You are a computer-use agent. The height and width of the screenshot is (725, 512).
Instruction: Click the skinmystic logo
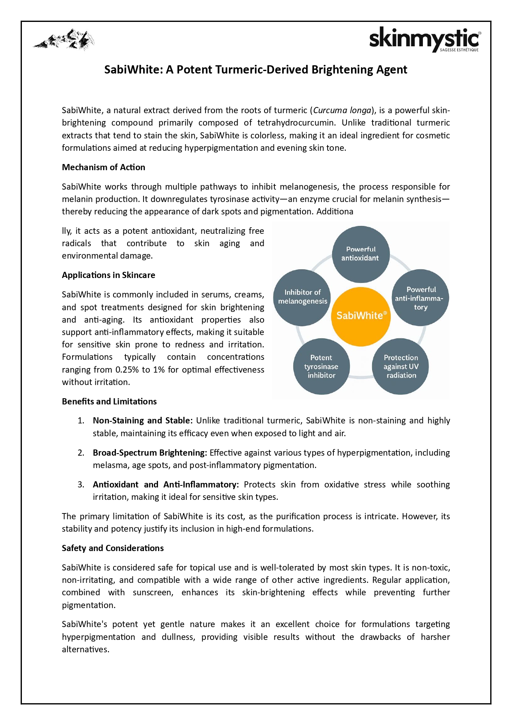pyautogui.click(x=425, y=39)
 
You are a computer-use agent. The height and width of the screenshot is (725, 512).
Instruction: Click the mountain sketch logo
pyautogui.click(x=64, y=40)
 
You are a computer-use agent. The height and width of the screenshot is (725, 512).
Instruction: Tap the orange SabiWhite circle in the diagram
pyautogui.click(x=361, y=316)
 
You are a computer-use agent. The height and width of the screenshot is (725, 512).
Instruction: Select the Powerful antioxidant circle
pyautogui.click(x=361, y=254)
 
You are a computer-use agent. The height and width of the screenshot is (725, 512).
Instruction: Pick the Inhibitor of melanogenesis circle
pyautogui.click(x=302, y=297)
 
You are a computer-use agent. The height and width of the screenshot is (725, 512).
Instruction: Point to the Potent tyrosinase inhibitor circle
pyautogui.click(x=321, y=366)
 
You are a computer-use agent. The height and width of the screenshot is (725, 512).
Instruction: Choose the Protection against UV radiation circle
pyautogui.click(x=401, y=366)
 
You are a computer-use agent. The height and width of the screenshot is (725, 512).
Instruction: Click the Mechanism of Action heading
pyautogui.click(x=104, y=167)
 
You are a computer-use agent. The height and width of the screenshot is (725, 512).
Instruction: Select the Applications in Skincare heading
pyautogui.click(x=109, y=275)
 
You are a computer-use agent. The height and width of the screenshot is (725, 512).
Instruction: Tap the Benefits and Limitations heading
pyautogui.click(x=109, y=402)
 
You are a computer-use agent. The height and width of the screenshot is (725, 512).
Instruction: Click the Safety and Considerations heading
pyautogui.click(x=113, y=548)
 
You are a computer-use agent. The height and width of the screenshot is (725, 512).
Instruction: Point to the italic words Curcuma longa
pyautogui.click(x=342, y=110)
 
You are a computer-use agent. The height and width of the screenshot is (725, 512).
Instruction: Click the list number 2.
pyautogui.click(x=81, y=453)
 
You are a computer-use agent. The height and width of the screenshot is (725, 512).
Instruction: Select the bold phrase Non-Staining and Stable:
pyautogui.click(x=143, y=421)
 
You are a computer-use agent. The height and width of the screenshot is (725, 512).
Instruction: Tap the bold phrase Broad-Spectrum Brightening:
pyautogui.click(x=150, y=453)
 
